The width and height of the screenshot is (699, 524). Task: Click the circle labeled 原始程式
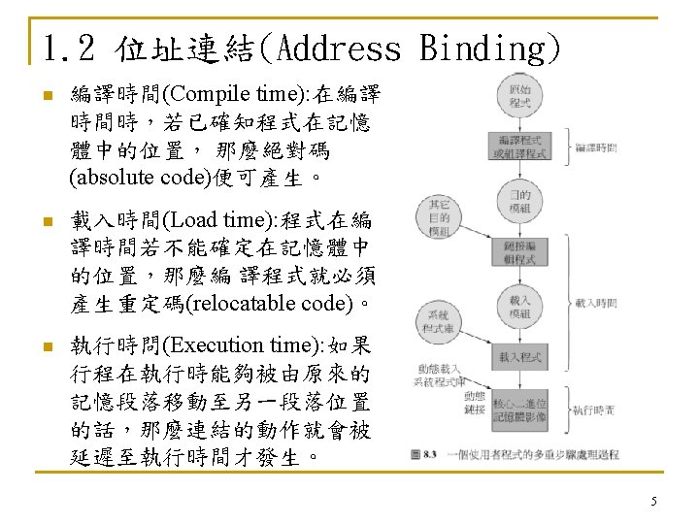[x=518, y=95]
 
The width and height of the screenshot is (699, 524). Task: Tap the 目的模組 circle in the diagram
[x=519, y=201]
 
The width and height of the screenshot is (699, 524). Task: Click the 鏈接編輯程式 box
[x=519, y=253]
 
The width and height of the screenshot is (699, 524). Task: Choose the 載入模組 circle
[x=519, y=307]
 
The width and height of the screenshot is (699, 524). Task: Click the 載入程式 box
[x=519, y=358]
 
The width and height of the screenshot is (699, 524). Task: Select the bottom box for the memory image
[x=519, y=409]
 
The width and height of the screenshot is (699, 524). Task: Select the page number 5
[x=653, y=501]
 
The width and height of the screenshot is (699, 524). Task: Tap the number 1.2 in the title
[x=71, y=48]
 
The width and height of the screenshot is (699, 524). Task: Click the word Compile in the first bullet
[x=200, y=94]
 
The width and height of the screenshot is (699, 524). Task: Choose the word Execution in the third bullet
[x=209, y=345]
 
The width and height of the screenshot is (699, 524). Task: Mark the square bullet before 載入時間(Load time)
[x=41, y=222]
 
